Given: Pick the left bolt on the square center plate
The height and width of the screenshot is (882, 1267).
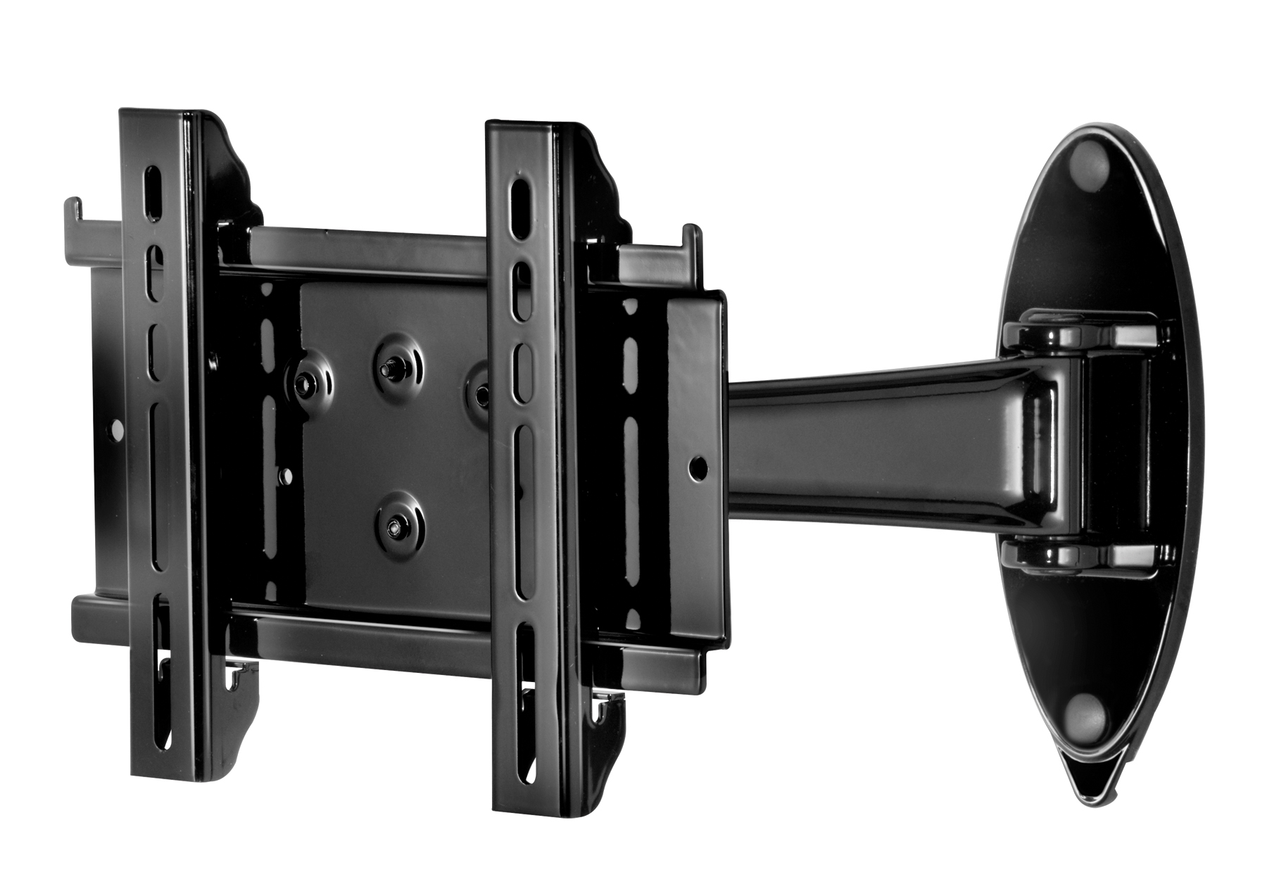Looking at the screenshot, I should tap(304, 382).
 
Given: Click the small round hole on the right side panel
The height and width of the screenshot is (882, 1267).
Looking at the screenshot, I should tap(697, 465).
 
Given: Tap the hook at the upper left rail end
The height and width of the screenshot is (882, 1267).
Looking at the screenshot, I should tap(73, 211).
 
